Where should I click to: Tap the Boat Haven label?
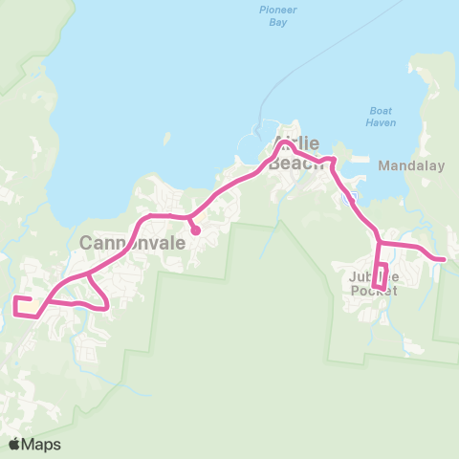click(x=380, y=116)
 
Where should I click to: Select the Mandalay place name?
click(x=412, y=165)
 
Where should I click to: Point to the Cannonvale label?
click(x=124, y=243)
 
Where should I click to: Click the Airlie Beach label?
click(x=297, y=153)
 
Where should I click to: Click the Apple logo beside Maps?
click(x=14, y=444)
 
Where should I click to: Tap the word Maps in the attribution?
click(x=41, y=444)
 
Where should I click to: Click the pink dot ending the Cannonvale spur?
click(x=195, y=229)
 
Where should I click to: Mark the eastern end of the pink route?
click(x=444, y=258)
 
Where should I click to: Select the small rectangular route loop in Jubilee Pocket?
click(x=380, y=275)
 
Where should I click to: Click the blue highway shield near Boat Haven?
click(x=353, y=196)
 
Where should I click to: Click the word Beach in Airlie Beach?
click(x=291, y=164)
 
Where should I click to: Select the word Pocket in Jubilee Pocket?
click(x=374, y=291)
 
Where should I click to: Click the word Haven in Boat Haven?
click(x=380, y=121)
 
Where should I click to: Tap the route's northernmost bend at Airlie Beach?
click(x=283, y=142)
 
